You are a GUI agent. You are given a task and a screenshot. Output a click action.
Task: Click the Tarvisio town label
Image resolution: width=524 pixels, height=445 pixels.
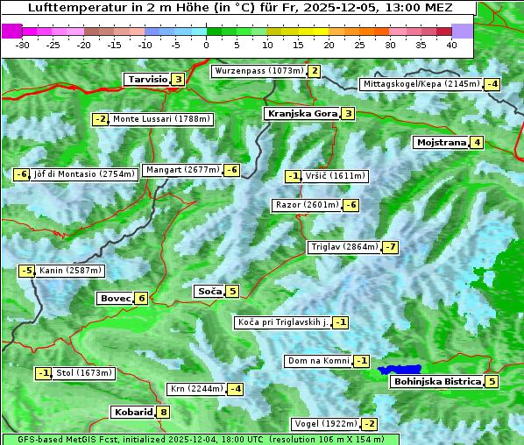[x=147, y=79]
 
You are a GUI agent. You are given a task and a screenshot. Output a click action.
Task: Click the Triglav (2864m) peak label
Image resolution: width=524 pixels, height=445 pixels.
[x=344, y=247]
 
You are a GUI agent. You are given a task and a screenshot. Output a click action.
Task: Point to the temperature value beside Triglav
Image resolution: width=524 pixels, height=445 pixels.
[x=390, y=247]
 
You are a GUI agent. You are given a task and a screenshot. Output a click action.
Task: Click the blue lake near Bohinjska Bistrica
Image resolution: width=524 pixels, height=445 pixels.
[x=400, y=371]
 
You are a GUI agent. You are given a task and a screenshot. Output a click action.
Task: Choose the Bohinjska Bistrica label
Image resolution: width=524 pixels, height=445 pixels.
[x=437, y=381]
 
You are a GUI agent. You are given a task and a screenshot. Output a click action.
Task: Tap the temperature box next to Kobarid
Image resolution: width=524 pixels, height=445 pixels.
[x=163, y=412]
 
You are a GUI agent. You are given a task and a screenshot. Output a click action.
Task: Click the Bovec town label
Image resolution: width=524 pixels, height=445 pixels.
[x=115, y=298]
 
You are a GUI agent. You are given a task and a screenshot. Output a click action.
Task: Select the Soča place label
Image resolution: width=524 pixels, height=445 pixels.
[x=209, y=291]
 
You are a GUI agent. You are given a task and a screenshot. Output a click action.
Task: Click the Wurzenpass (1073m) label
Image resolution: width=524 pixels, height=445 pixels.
[x=258, y=71]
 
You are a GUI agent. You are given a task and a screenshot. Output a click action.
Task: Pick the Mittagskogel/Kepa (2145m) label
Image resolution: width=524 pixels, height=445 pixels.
[x=421, y=84]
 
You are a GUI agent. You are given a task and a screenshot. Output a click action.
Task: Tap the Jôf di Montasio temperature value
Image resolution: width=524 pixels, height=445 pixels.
[x=22, y=174]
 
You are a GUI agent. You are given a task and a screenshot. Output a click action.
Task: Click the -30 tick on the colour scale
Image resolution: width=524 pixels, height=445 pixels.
[x=23, y=44]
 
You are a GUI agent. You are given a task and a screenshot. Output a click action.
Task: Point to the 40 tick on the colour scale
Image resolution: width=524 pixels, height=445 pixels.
[x=451, y=44]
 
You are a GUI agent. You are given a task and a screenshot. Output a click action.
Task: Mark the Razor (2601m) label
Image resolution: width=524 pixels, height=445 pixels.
[x=307, y=205]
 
